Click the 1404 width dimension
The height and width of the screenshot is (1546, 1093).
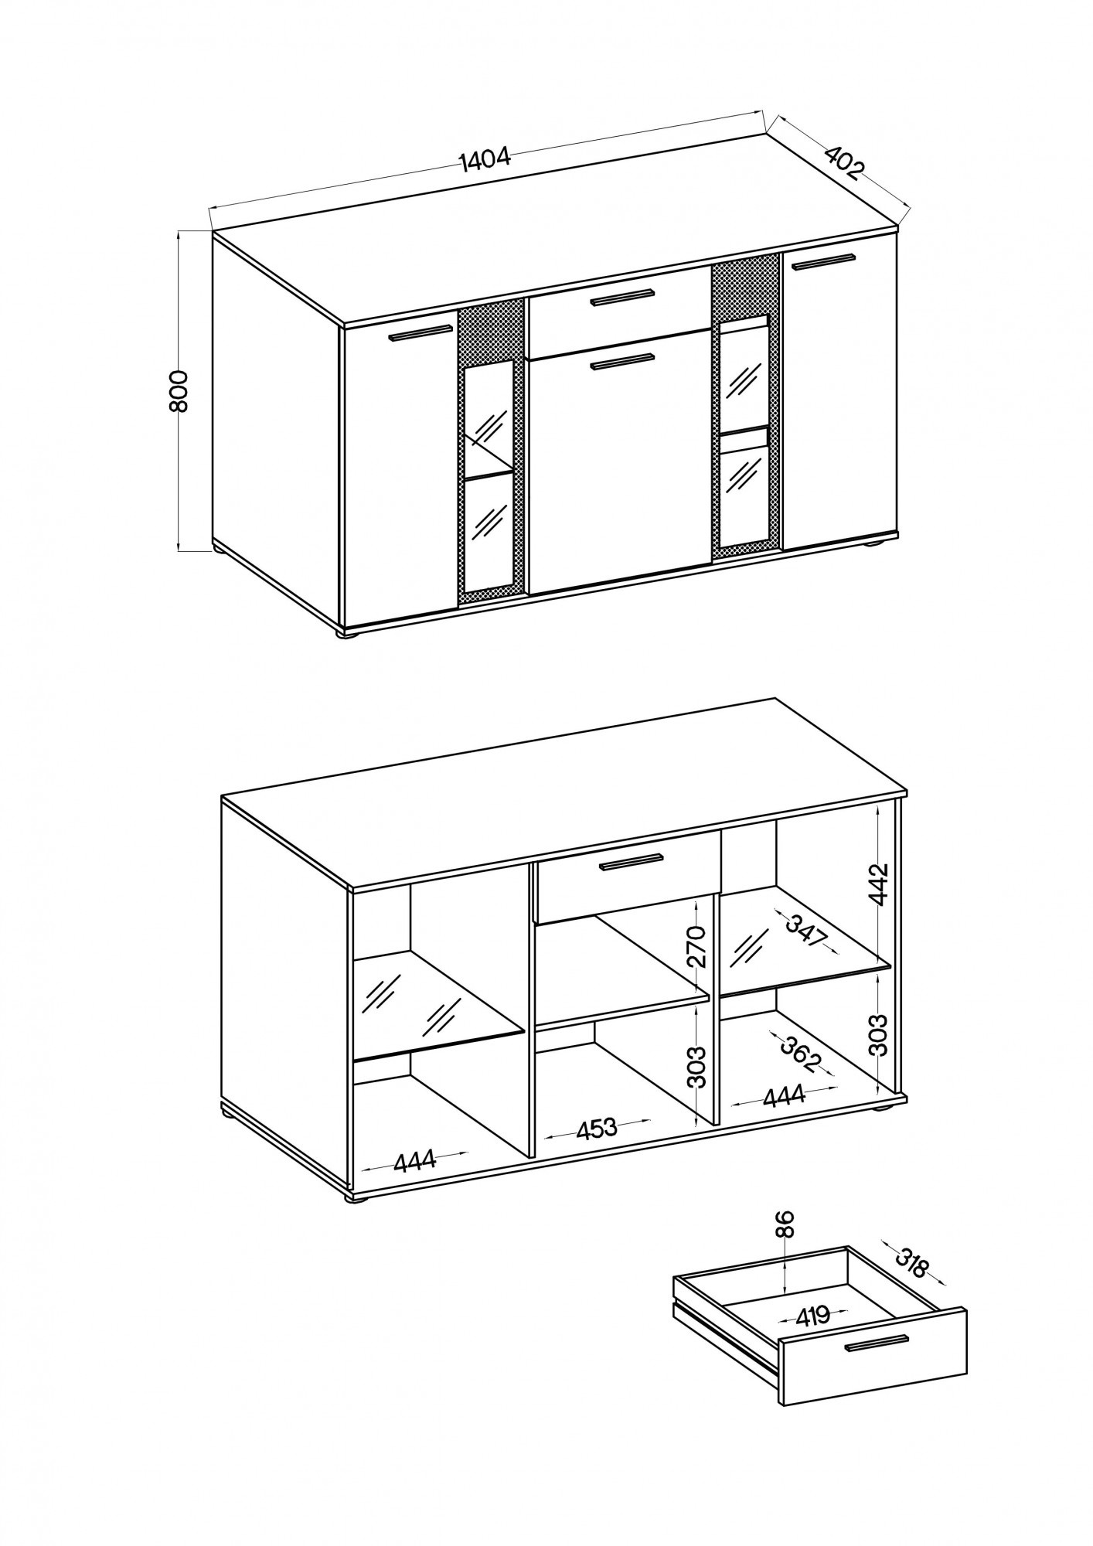(x=485, y=158)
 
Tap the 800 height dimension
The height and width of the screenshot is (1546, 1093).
(x=179, y=391)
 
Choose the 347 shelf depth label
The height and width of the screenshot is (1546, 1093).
(x=806, y=931)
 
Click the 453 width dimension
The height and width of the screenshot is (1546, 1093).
(x=597, y=1129)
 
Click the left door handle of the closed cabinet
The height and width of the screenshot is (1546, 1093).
(x=421, y=333)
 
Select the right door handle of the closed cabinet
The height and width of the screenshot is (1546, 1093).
(x=824, y=262)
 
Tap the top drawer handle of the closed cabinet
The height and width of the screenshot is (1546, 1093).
(x=622, y=297)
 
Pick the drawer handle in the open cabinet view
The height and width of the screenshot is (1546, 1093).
(x=632, y=863)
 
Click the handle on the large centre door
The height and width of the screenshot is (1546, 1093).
(x=622, y=362)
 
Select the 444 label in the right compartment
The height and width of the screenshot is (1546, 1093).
(x=785, y=1095)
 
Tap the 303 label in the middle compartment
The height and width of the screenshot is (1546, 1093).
(x=696, y=1067)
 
